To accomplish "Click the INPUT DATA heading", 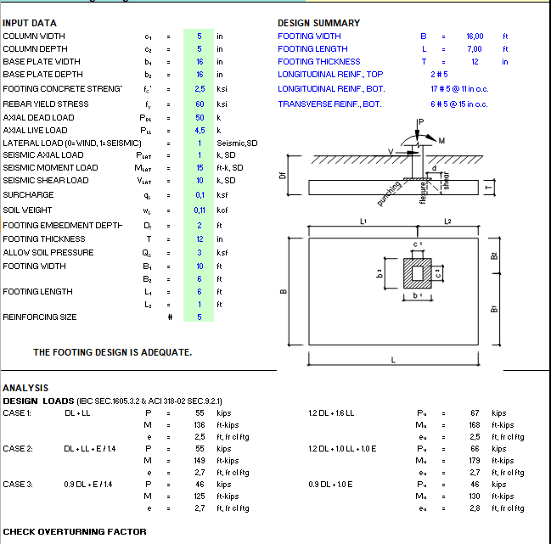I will pos(31,23).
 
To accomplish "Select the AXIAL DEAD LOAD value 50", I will pos(200,118).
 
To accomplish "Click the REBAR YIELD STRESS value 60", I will pos(200,104).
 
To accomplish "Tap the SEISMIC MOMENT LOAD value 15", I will pos(200,168).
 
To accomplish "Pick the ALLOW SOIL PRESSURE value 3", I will pos(200,253).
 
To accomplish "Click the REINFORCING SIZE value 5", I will pos(200,317).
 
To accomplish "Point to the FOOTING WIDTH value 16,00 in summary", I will pos(474,36).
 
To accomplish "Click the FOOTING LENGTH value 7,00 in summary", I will pos(474,49).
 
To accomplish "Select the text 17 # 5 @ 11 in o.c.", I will pos(459,88).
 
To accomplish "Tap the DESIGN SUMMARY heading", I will pos(318,23).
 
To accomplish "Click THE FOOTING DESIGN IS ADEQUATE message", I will pos(112,352).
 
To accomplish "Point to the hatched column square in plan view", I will pos(416,273).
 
